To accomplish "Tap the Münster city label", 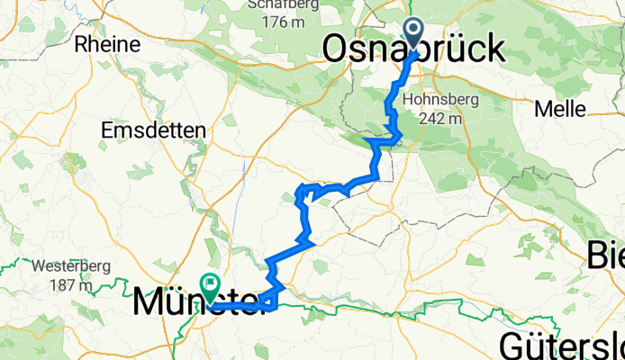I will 203,303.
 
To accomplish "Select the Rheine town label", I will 109,43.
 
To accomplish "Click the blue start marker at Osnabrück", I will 414,33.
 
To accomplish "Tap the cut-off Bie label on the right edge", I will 605,256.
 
